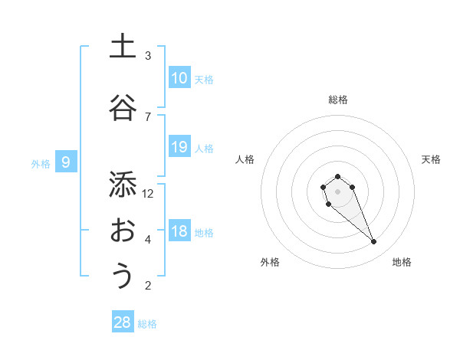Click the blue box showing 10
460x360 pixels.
(x=179, y=78)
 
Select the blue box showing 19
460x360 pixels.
(x=179, y=147)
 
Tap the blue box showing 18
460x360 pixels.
(x=179, y=232)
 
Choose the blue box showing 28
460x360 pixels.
(x=123, y=322)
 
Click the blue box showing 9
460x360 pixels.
(x=66, y=162)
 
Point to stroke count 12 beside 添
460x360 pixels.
(x=148, y=193)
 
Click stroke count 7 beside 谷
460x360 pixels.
(x=148, y=116)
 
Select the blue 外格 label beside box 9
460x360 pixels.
(x=41, y=163)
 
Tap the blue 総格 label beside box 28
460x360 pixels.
(x=147, y=323)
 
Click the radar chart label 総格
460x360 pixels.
(x=337, y=100)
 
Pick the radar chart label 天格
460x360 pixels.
(x=432, y=159)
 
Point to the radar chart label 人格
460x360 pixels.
(x=245, y=159)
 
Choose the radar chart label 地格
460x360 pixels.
(x=402, y=262)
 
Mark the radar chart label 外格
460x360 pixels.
(x=270, y=262)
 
